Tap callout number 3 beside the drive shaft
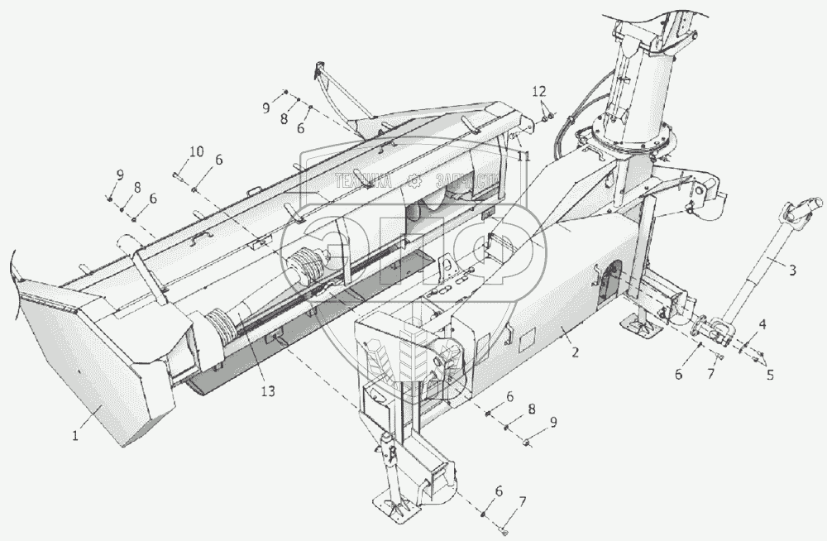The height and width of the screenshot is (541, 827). coord(792,269)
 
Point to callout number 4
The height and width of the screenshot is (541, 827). coord(762,325)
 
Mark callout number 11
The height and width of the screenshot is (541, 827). coord(523,154)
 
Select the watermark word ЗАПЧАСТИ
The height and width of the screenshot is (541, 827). coord(467,181)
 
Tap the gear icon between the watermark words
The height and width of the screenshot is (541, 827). coord(415,181)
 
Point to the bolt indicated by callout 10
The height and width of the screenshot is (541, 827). coord(177,175)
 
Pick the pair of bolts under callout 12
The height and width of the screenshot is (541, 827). coord(545,117)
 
